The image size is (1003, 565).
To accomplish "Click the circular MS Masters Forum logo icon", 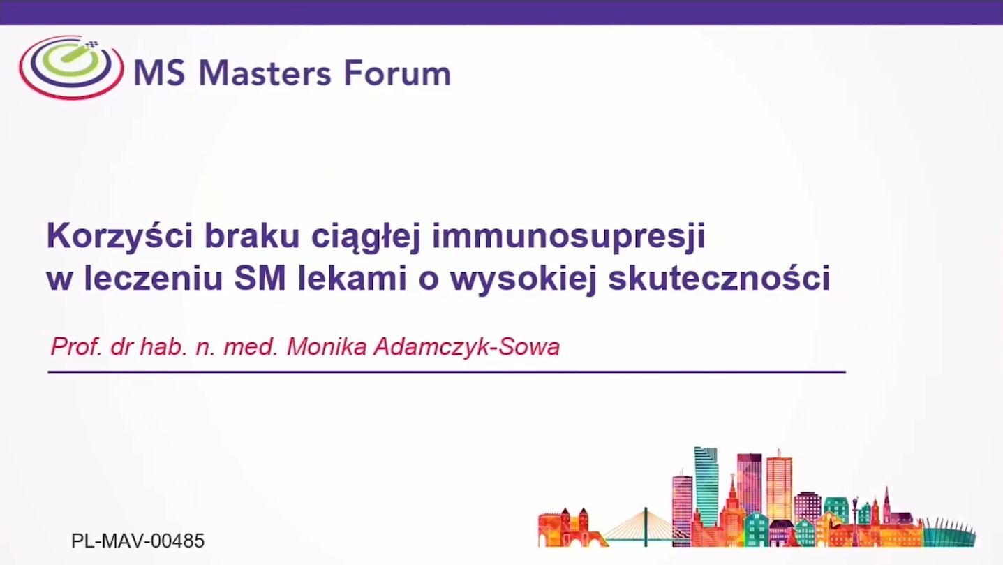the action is tap(71, 67).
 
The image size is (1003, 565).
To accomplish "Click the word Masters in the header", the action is tap(265, 73).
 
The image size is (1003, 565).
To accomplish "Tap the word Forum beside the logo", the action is tap(397, 73).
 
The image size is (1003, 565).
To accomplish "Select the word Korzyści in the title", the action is tap(120, 235).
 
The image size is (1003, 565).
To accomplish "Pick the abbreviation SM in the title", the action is tap(260, 278).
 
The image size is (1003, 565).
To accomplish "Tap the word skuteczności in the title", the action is tap(719, 277).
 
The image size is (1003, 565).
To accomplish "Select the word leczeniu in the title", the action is tap(154, 278).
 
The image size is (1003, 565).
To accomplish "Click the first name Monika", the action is tap(327, 346).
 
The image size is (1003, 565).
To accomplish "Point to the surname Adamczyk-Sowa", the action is tap(467, 347).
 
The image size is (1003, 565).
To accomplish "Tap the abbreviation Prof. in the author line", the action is tap(77, 346).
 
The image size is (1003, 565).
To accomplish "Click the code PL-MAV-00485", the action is tap(138, 541).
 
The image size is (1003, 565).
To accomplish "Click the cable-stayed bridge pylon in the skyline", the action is tap(645, 527).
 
